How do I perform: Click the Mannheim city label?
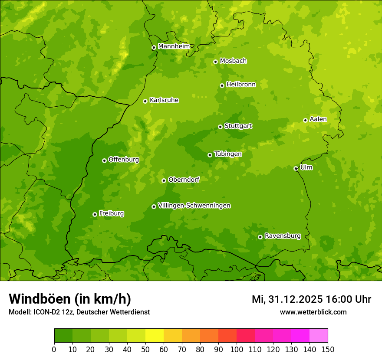click(x=174, y=46)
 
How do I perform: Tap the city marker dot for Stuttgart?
click(x=220, y=127)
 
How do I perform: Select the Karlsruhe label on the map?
click(x=164, y=100)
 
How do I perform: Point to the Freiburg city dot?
click(x=95, y=214)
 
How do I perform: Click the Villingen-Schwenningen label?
click(x=194, y=206)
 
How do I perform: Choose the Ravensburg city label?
click(x=282, y=236)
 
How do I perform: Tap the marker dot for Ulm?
click(x=296, y=168)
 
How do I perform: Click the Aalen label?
click(x=318, y=119)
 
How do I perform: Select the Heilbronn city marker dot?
click(x=222, y=85)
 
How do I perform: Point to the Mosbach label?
click(x=233, y=61)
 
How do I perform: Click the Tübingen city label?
click(x=228, y=154)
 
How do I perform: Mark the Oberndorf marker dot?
click(x=164, y=180)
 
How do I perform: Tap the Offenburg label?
click(x=124, y=160)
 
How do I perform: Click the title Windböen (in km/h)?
click(x=70, y=299)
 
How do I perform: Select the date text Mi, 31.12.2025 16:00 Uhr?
click(x=311, y=299)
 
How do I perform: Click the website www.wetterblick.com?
click(x=313, y=312)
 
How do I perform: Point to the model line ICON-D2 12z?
click(x=79, y=312)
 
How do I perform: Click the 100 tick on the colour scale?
click(x=237, y=349)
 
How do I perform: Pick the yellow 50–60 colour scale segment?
click(x=155, y=335)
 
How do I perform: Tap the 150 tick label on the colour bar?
click(x=328, y=349)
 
